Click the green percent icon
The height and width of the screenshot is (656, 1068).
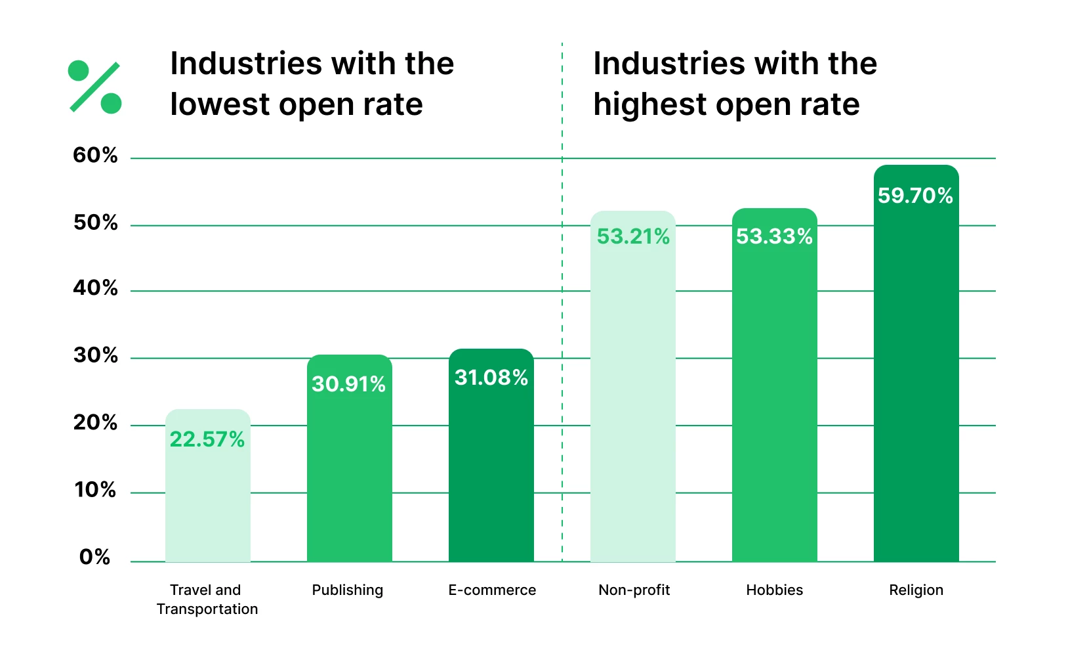(95, 87)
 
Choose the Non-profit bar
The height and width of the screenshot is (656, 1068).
(632, 407)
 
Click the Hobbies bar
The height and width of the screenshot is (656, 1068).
(774, 407)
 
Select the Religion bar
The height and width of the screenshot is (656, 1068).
(916, 394)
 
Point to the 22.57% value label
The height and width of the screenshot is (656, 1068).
(207, 439)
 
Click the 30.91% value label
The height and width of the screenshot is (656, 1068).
(348, 384)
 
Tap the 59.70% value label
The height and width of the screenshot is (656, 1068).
(915, 196)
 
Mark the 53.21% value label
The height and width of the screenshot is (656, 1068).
(633, 236)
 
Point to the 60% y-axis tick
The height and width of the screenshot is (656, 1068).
(95, 156)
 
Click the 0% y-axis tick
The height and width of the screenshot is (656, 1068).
(94, 558)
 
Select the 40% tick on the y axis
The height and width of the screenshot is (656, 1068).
(95, 288)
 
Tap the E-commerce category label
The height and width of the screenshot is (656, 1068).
(492, 590)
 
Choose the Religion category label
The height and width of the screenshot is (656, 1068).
(916, 590)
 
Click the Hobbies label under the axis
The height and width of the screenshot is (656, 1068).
(774, 590)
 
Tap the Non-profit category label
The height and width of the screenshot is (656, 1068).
(634, 590)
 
